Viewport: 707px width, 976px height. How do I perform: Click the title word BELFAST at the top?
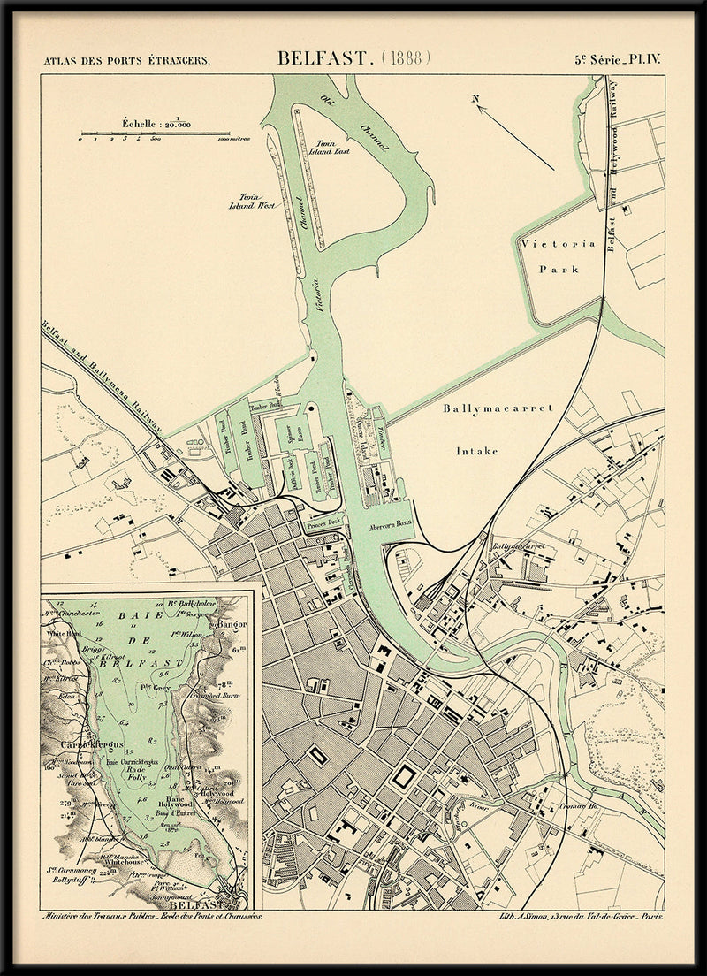[x=324, y=58]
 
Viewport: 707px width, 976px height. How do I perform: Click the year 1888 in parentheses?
[x=406, y=58]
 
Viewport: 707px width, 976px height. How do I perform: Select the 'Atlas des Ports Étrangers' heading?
[x=126, y=61]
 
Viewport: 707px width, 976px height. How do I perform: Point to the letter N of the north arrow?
[x=475, y=99]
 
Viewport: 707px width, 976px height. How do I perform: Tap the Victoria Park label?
[x=558, y=256]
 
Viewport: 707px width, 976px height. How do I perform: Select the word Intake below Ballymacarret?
[x=476, y=451]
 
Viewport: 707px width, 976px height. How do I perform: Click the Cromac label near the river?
[x=580, y=806]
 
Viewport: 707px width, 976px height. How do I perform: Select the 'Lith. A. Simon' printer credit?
[x=581, y=917]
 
